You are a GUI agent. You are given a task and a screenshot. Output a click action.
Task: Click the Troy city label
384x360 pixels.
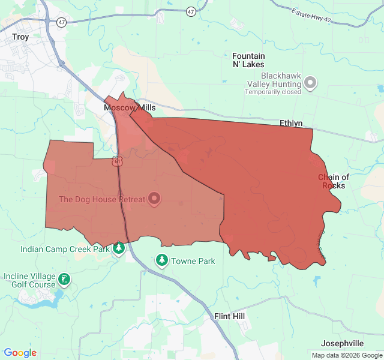[x=20, y=37]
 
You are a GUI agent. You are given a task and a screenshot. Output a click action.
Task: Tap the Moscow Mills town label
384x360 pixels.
[x=130, y=108]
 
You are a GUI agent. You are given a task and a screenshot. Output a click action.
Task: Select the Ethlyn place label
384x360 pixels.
[x=292, y=123]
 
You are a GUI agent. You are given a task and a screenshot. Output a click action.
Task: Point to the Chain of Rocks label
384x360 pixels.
[x=334, y=181]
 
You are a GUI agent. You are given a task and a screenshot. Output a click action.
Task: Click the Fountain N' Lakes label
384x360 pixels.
[x=248, y=60]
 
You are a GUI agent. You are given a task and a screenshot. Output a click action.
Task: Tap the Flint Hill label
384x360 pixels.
[x=230, y=316]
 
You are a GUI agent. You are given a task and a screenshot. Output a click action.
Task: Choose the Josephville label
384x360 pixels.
[x=342, y=343]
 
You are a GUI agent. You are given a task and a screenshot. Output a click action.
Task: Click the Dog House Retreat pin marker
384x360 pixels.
[x=154, y=198]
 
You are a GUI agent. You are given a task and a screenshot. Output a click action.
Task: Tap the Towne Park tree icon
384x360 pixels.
[x=161, y=260]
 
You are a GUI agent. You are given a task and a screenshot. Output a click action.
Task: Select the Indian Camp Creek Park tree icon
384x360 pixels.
[x=119, y=248]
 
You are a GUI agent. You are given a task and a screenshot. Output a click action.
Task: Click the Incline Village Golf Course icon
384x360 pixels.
[x=64, y=279]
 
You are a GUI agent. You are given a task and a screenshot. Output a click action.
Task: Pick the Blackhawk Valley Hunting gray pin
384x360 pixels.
[x=310, y=83]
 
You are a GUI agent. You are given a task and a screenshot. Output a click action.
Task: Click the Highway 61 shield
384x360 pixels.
[x=117, y=161]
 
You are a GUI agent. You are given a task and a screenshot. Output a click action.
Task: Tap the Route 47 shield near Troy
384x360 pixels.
[x=62, y=22]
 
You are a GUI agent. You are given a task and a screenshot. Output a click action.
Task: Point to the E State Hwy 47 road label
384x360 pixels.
[x=311, y=16]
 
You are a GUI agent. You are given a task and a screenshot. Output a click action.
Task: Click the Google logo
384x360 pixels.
[x=20, y=353]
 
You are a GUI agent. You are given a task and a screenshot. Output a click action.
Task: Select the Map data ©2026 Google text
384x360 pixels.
[x=346, y=355]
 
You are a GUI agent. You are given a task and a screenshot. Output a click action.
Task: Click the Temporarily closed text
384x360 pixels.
[x=272, y=92]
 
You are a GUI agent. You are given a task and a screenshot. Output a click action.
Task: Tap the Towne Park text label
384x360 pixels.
[x=193, y=261]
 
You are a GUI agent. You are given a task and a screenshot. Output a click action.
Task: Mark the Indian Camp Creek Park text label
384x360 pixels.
[x=65, y=249]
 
